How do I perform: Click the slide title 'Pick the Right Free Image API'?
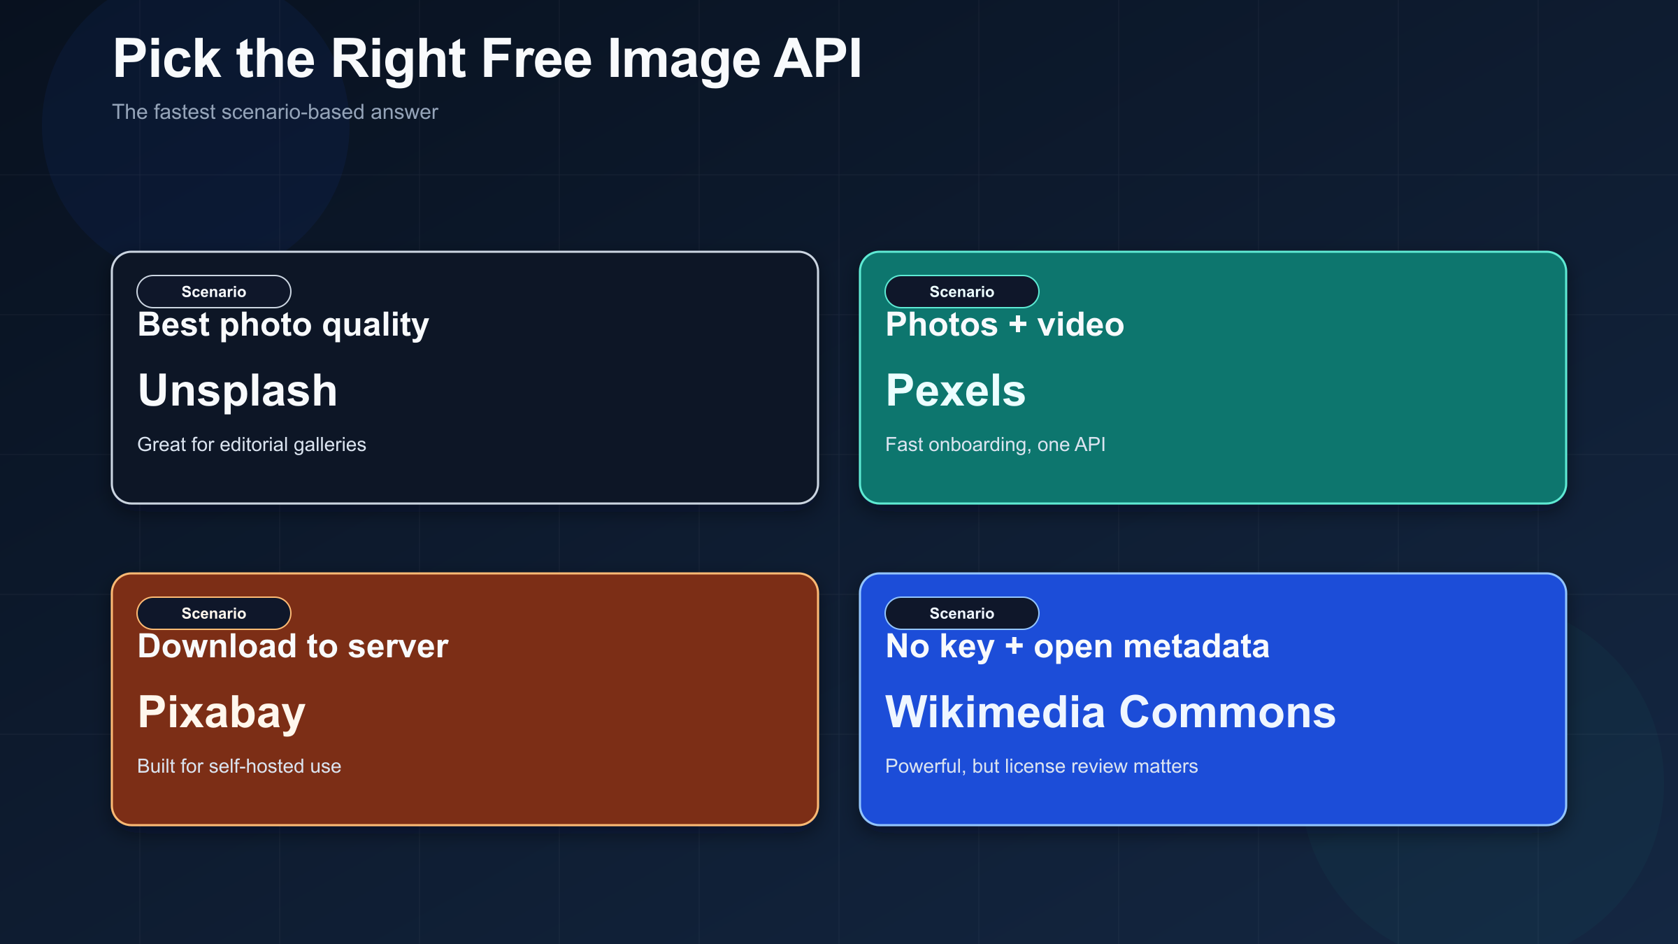(x=487, y=59)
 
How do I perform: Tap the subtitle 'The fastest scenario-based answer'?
(x=275, y=112)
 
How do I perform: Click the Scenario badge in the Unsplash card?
(x=214, y=292)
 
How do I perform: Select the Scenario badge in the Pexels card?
(x=961, y=292)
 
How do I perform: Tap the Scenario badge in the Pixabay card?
(x=214, y=613)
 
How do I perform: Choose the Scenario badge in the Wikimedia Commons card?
(x=961, y=613)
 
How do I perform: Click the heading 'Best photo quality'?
(x=283, y=325)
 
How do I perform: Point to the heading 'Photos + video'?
(x=1005, y=325)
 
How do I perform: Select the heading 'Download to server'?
(x=293, y=647)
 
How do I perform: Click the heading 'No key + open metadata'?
(x=1077, y=647)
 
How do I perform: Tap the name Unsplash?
(x=238, y=390)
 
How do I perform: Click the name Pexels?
(x=956, y=390)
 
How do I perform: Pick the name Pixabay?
(x=222, y=713)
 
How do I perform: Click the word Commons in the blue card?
(x=1228, y=713)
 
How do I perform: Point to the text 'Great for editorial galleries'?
(x=252, y=445)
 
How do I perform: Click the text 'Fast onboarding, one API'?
(x=996, y=445)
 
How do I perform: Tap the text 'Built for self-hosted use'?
(x=239, y=766)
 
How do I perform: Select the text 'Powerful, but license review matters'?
(x=1042, y=766)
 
